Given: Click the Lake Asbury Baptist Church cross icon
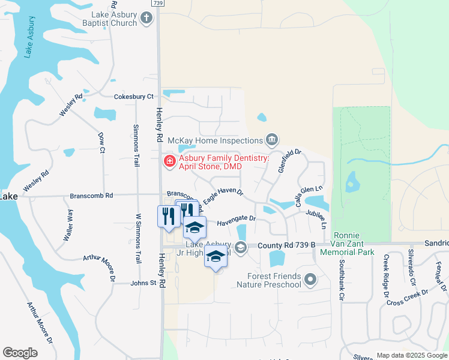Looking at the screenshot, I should click(x=146, y=19).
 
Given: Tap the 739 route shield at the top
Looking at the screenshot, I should click(x=158, y=3).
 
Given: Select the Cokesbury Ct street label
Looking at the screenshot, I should click(x=134, y=96).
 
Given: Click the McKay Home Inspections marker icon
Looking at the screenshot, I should click(x=272, y=140).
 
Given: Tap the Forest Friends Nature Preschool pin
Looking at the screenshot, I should click(x=310, y=279).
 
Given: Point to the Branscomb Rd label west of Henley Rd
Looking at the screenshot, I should click(x=92, y=196).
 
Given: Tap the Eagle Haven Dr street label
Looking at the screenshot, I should click(x=222, y=196).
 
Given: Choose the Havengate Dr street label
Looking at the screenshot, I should click(x=236, y=220).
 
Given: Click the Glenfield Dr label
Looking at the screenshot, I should click(x=289, y=161).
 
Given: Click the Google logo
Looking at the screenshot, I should click(x=20, y=353).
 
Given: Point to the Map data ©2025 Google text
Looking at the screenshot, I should click(x=411, y=355).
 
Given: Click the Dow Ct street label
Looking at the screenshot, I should click(x=101, y=142).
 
